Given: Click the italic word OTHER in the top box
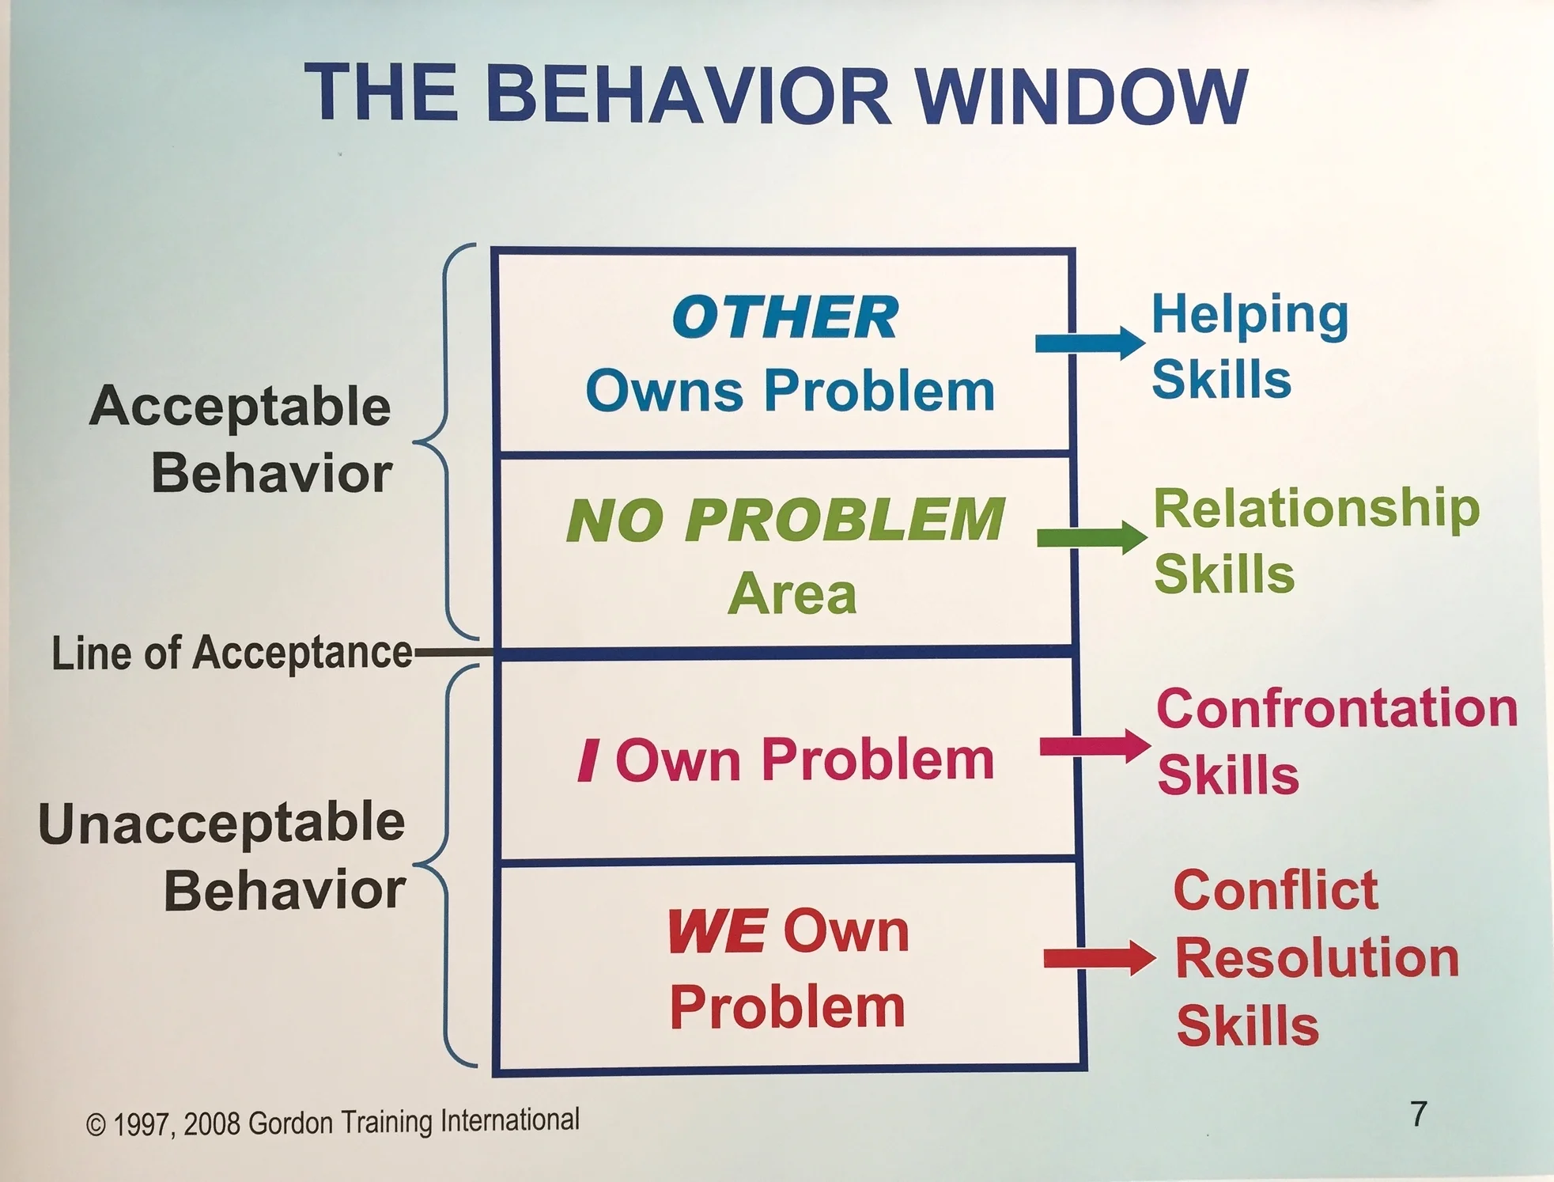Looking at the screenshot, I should (785, 318).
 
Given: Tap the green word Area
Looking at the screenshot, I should (792, 593).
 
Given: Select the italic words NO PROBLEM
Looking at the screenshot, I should (785, 520).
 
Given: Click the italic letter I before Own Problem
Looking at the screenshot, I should (588, 760).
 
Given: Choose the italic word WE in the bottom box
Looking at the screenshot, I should (717, 931).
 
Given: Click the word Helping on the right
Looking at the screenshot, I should (1250, 316).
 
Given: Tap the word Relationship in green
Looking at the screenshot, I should (1316, 508).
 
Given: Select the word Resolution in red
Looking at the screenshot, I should (1317, 958).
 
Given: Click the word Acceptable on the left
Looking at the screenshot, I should (240, 407).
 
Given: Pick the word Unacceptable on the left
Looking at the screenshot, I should (221, 823).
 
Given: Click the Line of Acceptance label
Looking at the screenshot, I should (232, 654).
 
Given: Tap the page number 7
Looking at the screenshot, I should (1419, 1114).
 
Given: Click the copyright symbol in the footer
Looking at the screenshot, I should (96, 1125).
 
